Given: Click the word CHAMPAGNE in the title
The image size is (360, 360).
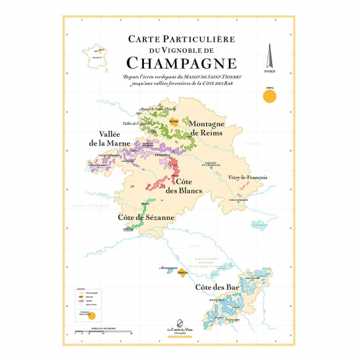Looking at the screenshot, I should pos(180,63).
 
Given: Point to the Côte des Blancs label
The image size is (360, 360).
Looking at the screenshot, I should pos(188,186).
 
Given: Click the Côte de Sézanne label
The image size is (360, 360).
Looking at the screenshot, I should pos(146,217).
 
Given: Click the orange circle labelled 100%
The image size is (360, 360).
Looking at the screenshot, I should pos(269,97).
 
